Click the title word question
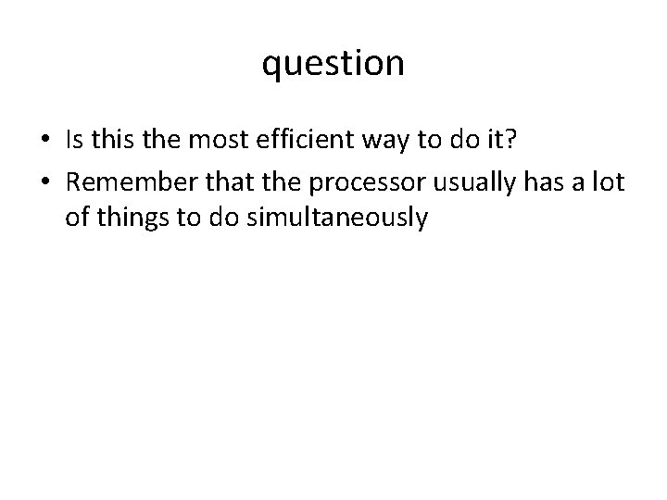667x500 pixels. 333,64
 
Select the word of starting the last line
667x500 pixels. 76,219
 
